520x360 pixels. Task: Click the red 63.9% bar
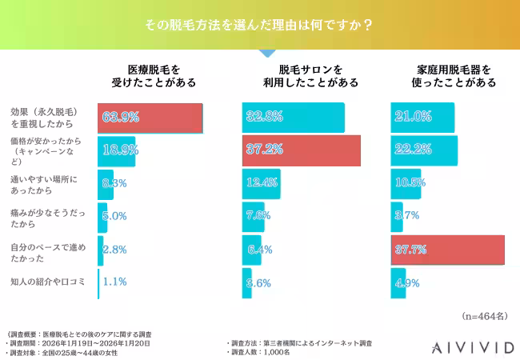150,118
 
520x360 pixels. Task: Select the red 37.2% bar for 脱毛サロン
301,150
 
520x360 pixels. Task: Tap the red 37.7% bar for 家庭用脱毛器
447,250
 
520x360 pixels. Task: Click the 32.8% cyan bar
293,118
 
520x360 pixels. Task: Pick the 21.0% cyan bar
422,118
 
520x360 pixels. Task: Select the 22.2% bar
424,150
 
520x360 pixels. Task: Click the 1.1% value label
115,282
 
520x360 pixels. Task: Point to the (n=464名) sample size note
485,315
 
